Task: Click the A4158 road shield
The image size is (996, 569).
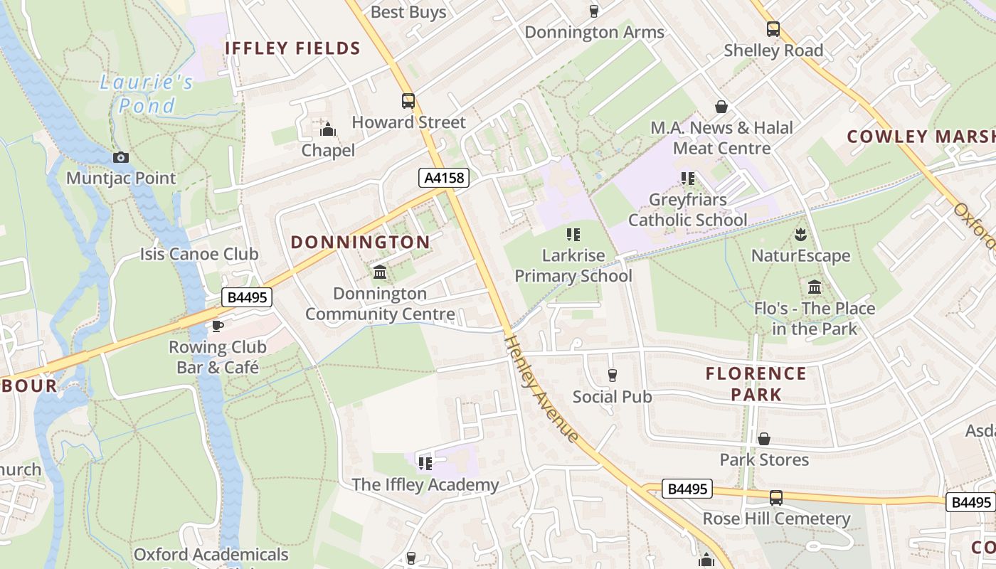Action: (x=444, y=178)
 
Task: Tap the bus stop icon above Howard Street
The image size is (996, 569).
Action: (x=408, y=101)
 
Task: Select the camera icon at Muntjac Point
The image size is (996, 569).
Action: (x=121, y=157)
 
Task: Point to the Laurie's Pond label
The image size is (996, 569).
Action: (x=146, y=94)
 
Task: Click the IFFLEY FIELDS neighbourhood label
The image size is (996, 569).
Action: (x=293, y=48)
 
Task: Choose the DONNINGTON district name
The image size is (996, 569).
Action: (x=360, y=242)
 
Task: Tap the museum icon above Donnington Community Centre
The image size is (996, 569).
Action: (x=380, y=272)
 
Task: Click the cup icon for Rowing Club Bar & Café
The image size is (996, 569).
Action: (x=218, y=326)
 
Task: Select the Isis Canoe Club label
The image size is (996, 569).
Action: (x=199, y=254)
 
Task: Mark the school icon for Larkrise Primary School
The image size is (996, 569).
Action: (x=573, y=234)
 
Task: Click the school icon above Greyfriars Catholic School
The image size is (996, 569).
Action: (x=687, y=178)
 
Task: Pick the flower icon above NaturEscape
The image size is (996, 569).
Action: (x=800, y=234)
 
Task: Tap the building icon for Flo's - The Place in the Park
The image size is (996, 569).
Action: (x=815, y=287)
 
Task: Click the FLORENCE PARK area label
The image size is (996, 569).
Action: (x=756, y=383)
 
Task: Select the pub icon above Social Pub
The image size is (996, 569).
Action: (x=612, y=375)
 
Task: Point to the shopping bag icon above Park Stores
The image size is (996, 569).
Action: (x=764, y=439)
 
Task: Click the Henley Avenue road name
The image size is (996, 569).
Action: (x=541, y=388)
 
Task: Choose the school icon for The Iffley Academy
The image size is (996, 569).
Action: (x=425, y=464)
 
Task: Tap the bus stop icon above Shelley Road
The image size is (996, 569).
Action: (x=773, y=29)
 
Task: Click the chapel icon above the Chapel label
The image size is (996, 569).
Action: (x=328, y=129)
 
